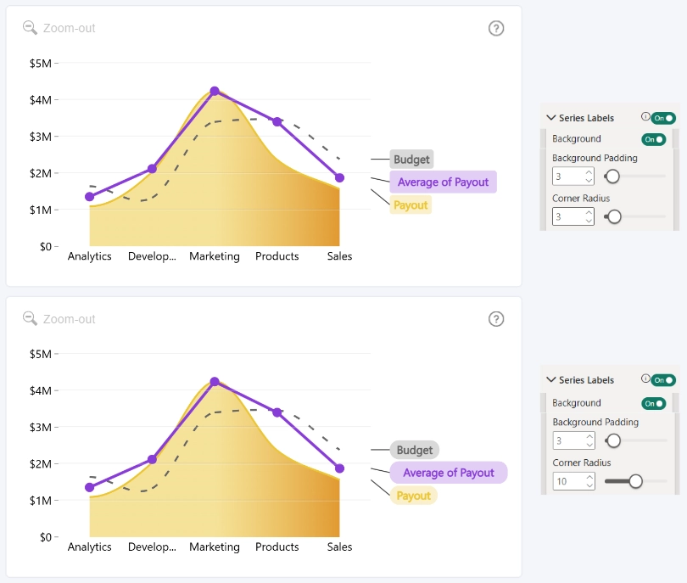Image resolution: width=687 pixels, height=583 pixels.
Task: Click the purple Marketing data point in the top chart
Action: coord(215,91)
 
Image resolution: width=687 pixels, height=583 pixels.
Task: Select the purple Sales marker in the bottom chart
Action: coord(339,468)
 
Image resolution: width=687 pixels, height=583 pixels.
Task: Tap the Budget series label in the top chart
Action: coord(411,160)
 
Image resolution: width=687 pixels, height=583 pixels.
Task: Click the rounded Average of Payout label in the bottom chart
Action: coord(449,473)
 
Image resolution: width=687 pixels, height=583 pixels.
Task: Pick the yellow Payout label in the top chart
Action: coord(411,205)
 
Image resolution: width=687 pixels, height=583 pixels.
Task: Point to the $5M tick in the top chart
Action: coord(41,64)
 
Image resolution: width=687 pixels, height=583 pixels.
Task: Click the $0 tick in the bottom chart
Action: coord(46,537)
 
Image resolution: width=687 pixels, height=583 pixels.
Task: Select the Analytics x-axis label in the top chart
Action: coord(89,256)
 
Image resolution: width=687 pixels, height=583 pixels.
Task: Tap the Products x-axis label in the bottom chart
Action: coord(276,547)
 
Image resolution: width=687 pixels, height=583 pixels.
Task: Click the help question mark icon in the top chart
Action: coord(496,29)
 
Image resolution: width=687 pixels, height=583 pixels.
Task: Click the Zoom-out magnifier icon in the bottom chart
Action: coord(30,319)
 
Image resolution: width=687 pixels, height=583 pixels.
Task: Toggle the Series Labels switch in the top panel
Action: coord(663,118)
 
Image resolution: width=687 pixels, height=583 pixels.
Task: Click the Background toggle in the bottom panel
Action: coord(654,403)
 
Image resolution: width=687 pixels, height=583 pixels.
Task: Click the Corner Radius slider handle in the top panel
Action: coord(614,216)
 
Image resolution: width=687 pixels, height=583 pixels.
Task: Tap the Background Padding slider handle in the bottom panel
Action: coord(614,440)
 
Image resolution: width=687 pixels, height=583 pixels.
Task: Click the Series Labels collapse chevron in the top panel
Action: coord(551,117)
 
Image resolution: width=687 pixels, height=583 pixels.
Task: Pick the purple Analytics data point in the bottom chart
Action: coord(89,487)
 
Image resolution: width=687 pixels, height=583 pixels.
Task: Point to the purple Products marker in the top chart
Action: coord(276,122)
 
